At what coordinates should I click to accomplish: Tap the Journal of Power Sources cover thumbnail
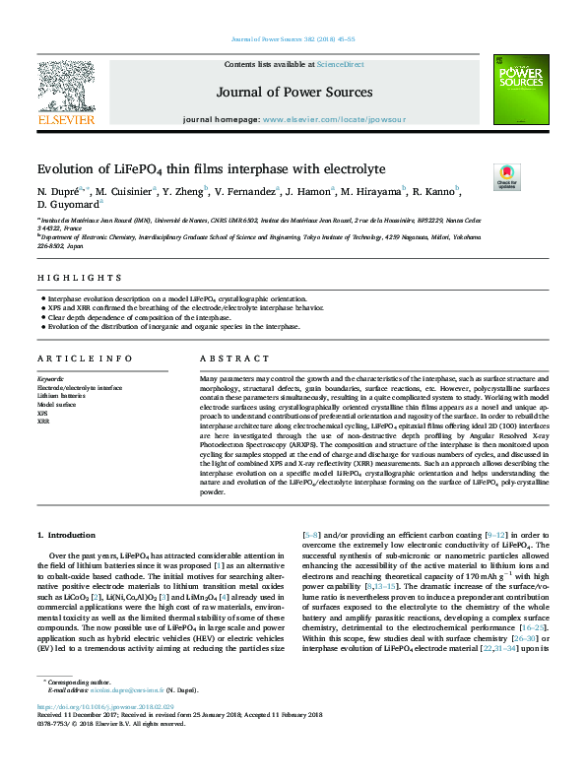[520, 89]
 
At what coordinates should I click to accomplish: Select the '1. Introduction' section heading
[65, 535]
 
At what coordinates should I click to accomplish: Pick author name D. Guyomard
[66, 204]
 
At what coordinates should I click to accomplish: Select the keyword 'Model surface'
[54, 405]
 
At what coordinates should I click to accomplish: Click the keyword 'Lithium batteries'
[58, 396]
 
